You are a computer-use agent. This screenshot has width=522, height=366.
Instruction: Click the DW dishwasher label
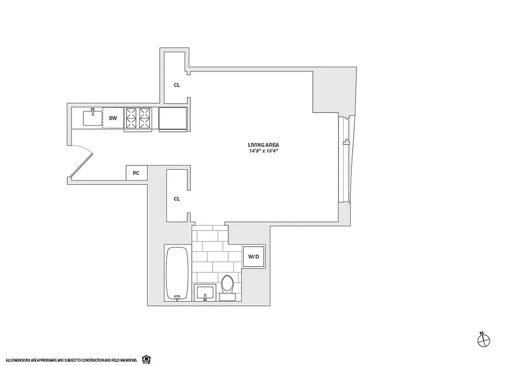click(x=113, y=118)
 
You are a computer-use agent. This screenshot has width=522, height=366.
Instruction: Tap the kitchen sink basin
click(x=92, y=118)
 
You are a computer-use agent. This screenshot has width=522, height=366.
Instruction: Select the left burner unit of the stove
click(x=131, y=118)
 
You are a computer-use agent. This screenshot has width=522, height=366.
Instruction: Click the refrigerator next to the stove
click(x=172, y=118)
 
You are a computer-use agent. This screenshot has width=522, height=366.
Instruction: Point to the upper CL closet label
click(x=177, y=85)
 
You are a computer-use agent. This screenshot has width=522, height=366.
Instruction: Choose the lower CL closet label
click(x=177, y=199)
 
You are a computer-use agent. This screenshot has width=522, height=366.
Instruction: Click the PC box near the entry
click(x=136, y=173)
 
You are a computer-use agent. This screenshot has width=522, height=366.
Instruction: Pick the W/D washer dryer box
click(x=253, y=257)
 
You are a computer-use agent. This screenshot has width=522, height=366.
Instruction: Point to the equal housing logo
click(x=146, y=358)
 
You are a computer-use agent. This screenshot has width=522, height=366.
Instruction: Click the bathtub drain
click(x=177, y=298)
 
